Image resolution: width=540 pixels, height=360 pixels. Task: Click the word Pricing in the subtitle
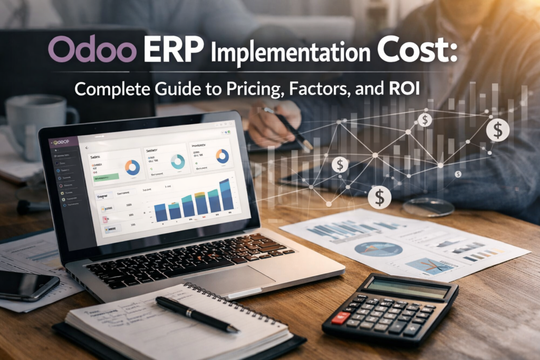[246, 87]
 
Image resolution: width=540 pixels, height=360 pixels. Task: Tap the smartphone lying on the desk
[26, 285]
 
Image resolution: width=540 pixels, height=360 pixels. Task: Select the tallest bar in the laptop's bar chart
[225, 194]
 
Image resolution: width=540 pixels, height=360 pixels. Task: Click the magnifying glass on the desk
[427, 207]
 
